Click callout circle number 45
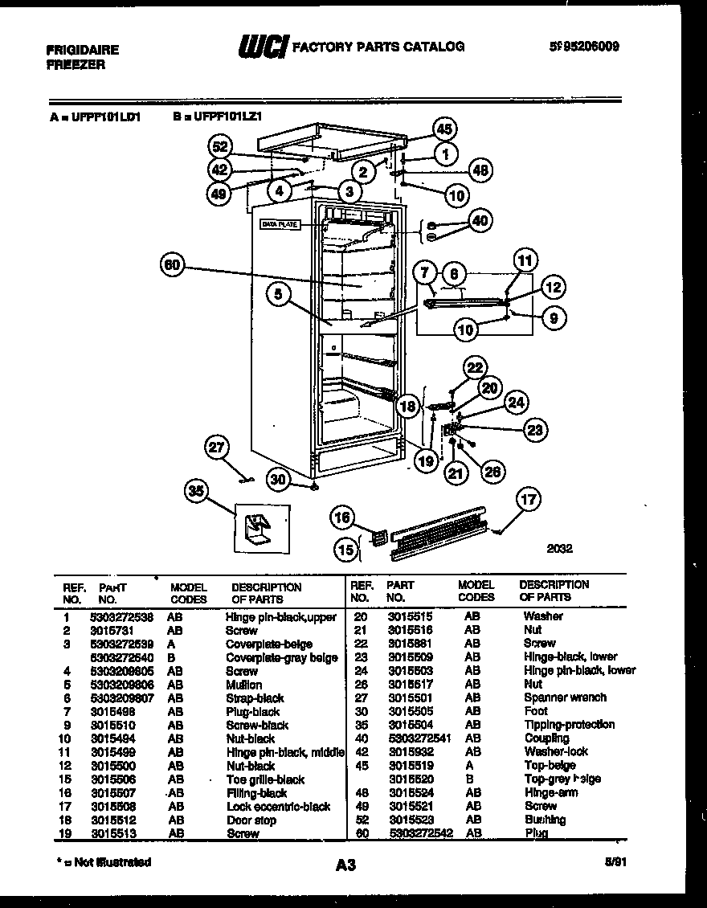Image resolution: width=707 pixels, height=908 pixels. pyautogui.click(x=444, y=129)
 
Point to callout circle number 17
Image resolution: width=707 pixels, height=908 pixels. pyautogui.click(x=528, y=500)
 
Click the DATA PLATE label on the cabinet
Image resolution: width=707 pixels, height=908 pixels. pyautogui.click(x=280, y=225)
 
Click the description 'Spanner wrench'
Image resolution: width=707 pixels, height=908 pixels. pyautogui.click(x=565, y=697)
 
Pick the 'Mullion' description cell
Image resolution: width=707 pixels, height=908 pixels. pyautogui.click(x=243, y=685)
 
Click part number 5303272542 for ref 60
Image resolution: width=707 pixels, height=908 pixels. pyautogui.click(x=419, y=833)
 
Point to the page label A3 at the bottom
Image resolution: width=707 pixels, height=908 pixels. pyautogui.click(x=345, y=865)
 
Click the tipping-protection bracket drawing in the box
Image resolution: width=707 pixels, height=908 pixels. pyautogui.click(x=257, y=529)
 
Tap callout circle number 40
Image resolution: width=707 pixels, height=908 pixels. pyautogui.click(x=480, y=221)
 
